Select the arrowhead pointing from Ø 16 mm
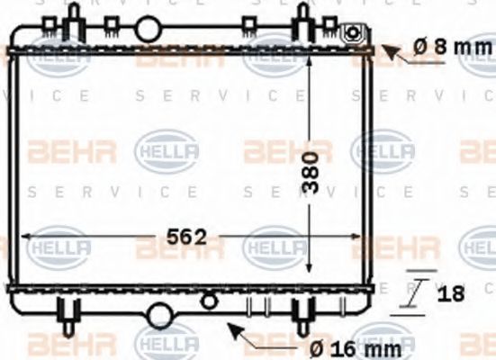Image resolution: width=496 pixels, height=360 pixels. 231,328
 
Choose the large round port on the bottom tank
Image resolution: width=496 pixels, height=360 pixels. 161,314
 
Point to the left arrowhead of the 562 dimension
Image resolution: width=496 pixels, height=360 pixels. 23,238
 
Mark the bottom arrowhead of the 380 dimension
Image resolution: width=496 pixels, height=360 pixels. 310,274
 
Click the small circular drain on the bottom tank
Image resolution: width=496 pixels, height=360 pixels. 210,299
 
